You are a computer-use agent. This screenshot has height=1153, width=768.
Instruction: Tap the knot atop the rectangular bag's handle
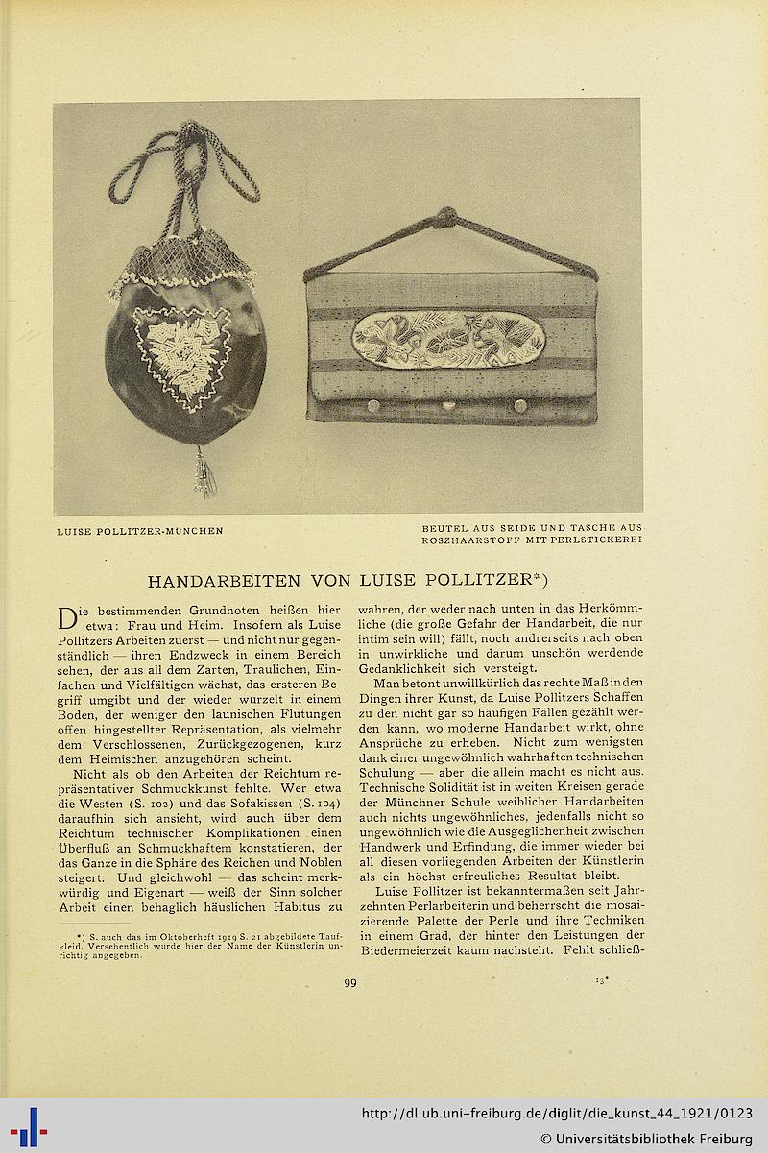445,217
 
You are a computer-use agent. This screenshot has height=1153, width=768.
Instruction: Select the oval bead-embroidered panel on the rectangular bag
448,339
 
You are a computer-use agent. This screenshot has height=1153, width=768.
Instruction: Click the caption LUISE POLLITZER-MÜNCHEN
140,530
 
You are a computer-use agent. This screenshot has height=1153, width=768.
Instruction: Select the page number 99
349,980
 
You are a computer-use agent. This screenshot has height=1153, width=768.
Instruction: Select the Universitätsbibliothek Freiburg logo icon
29,1126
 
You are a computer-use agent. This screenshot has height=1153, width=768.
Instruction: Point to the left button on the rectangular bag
373,406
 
